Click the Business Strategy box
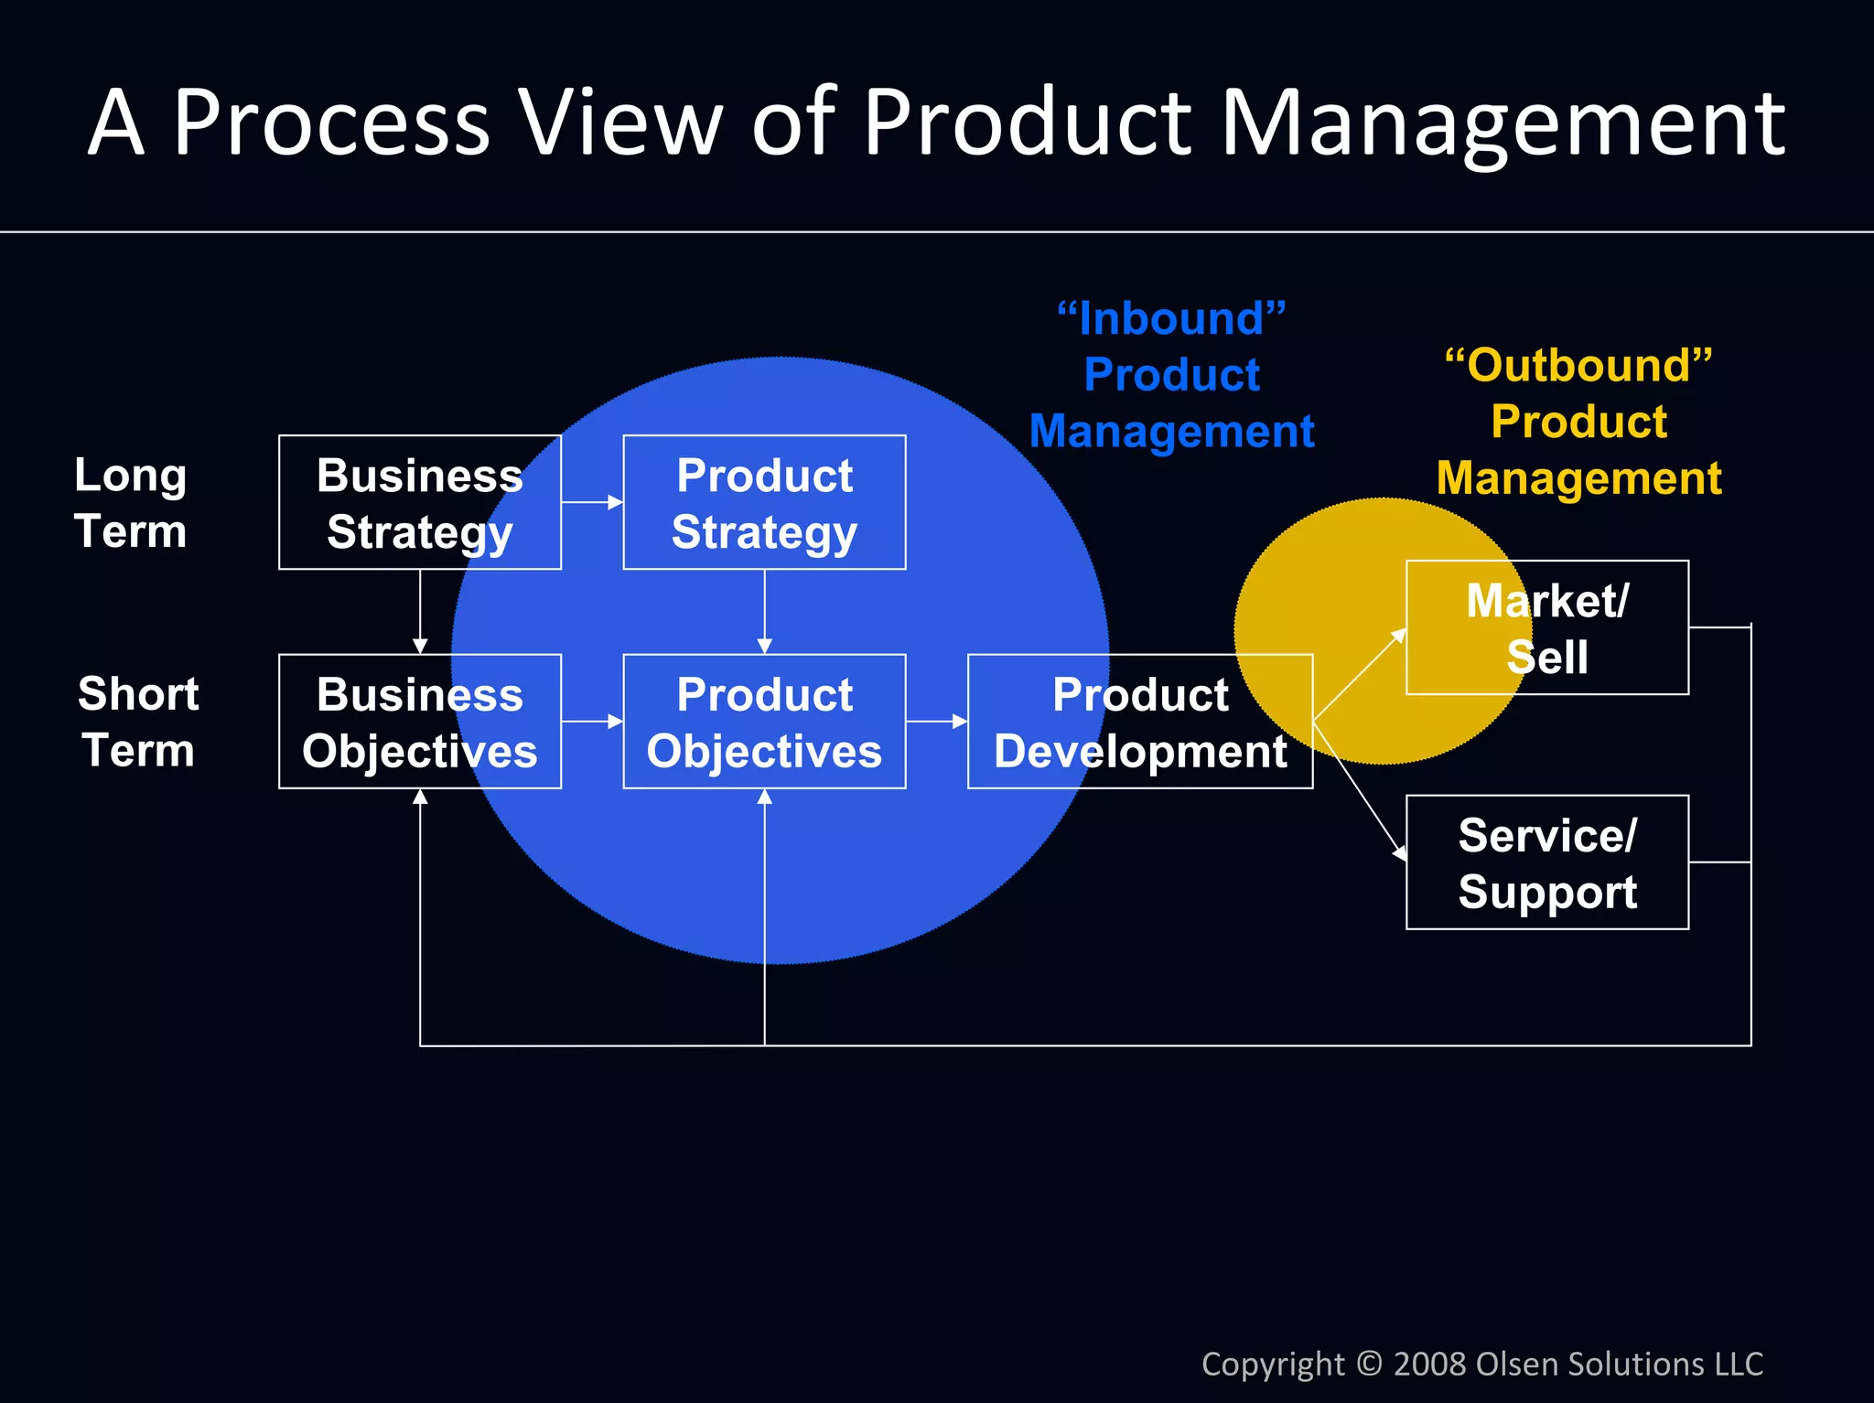click(419, 502)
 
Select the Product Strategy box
click(764, 502)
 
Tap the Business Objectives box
click(419, 722)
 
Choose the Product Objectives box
click(764, 722)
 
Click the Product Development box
click(1139, 722)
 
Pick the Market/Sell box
click(1546, 627)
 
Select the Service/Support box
click(1546, 862)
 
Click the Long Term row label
click(130, 502)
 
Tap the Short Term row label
click(137, 722)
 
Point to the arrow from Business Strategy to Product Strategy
click(592, 502)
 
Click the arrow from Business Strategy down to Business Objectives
click(420, 611)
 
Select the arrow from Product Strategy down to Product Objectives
click(765, 611)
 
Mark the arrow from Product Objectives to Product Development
click(936, 722)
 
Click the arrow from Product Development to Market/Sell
click(1360, 675)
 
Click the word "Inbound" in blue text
click(1171, 319)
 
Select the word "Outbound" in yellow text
click(1578, 366)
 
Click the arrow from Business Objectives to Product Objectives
click(592, 722)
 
